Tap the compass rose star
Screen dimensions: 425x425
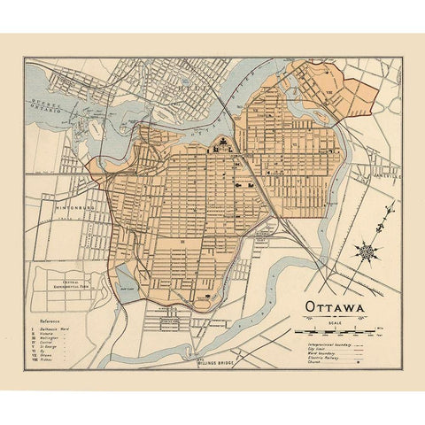pos(367,252)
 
